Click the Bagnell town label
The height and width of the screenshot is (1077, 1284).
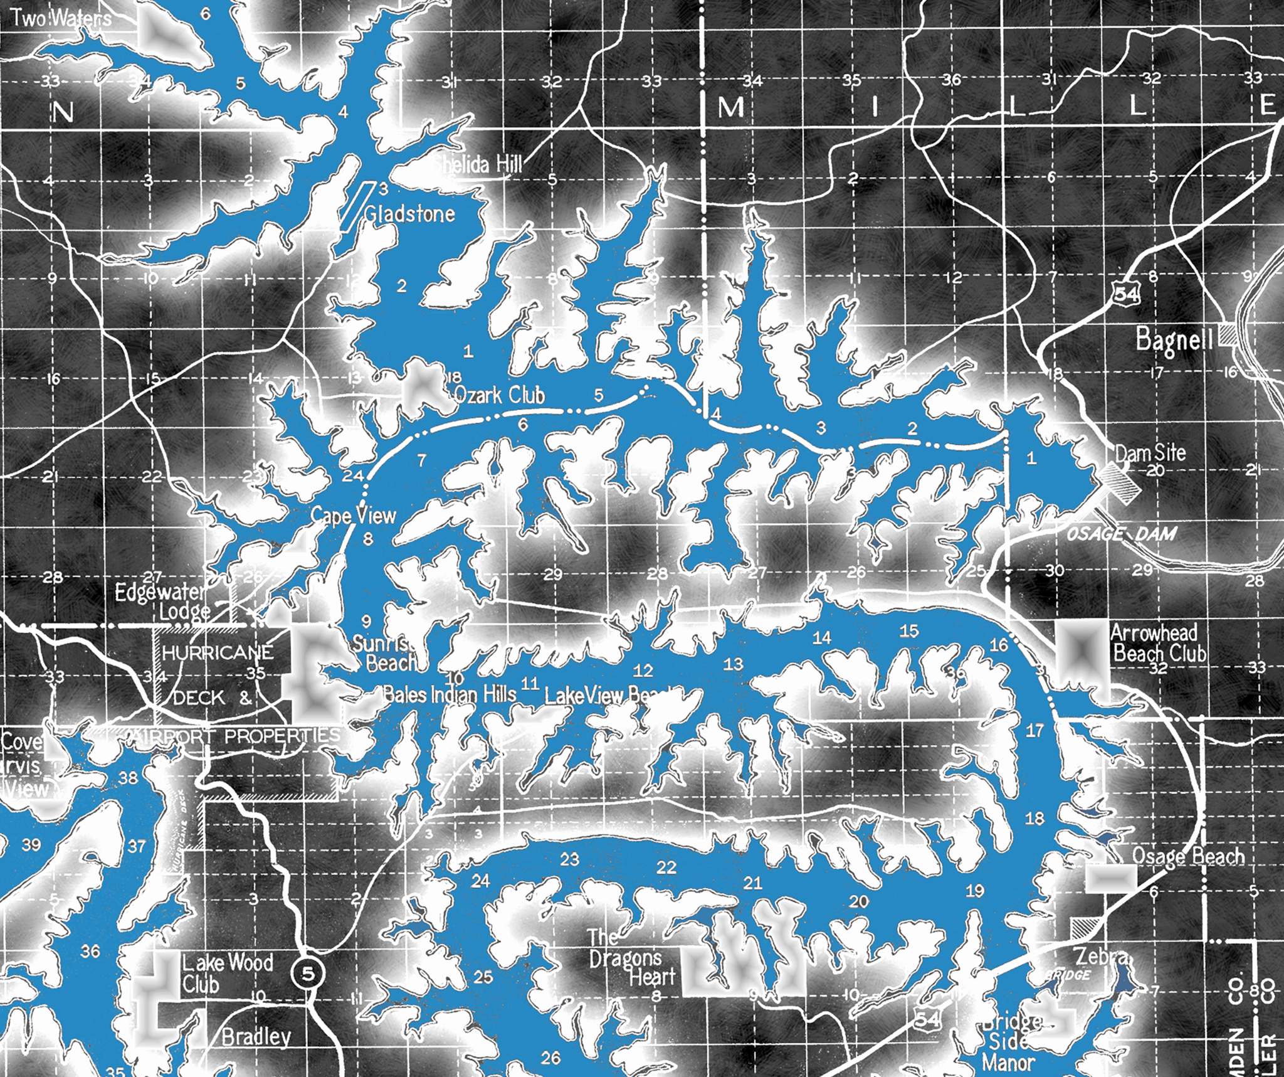(x=1174, y=340)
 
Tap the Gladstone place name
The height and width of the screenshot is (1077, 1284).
(x=409, y=214)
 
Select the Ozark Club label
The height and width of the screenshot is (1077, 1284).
(x=499, y=395)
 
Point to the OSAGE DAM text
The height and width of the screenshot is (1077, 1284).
(x=1121, y=534)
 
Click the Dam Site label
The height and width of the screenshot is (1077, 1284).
(x=1150, y=452)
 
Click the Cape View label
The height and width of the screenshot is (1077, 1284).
(x=354, y=516)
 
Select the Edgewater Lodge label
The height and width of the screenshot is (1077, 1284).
(x=162, y=601)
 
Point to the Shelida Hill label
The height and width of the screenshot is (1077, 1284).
(x=478, y=164)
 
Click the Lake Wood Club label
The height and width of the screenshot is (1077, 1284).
(x=226, y=973)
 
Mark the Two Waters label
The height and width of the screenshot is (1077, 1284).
(x=61, y=19)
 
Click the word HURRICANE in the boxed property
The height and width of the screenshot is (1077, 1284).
(x=218, y=652)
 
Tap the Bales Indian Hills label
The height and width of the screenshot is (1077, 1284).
(x=450, y=694)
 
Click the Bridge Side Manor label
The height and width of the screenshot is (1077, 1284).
(x=1011, y=1042)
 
